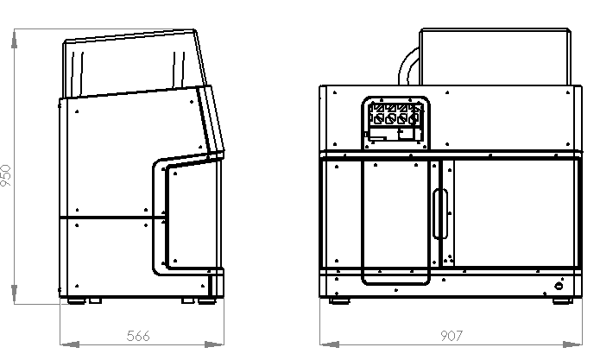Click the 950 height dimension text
[x=6, y=175]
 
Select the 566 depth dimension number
[x=138, y=336]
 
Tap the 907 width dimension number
[x=452, y=336]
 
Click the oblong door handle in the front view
[x=440, y=213]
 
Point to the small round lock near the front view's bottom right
[x=559, y=286]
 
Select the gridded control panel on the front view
[x=395, y=123]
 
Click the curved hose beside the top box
[x=408, y=66]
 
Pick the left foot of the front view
[x=339, y=301]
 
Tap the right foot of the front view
[x=563, y=301]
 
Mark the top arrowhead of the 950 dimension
[x=14, y=39]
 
